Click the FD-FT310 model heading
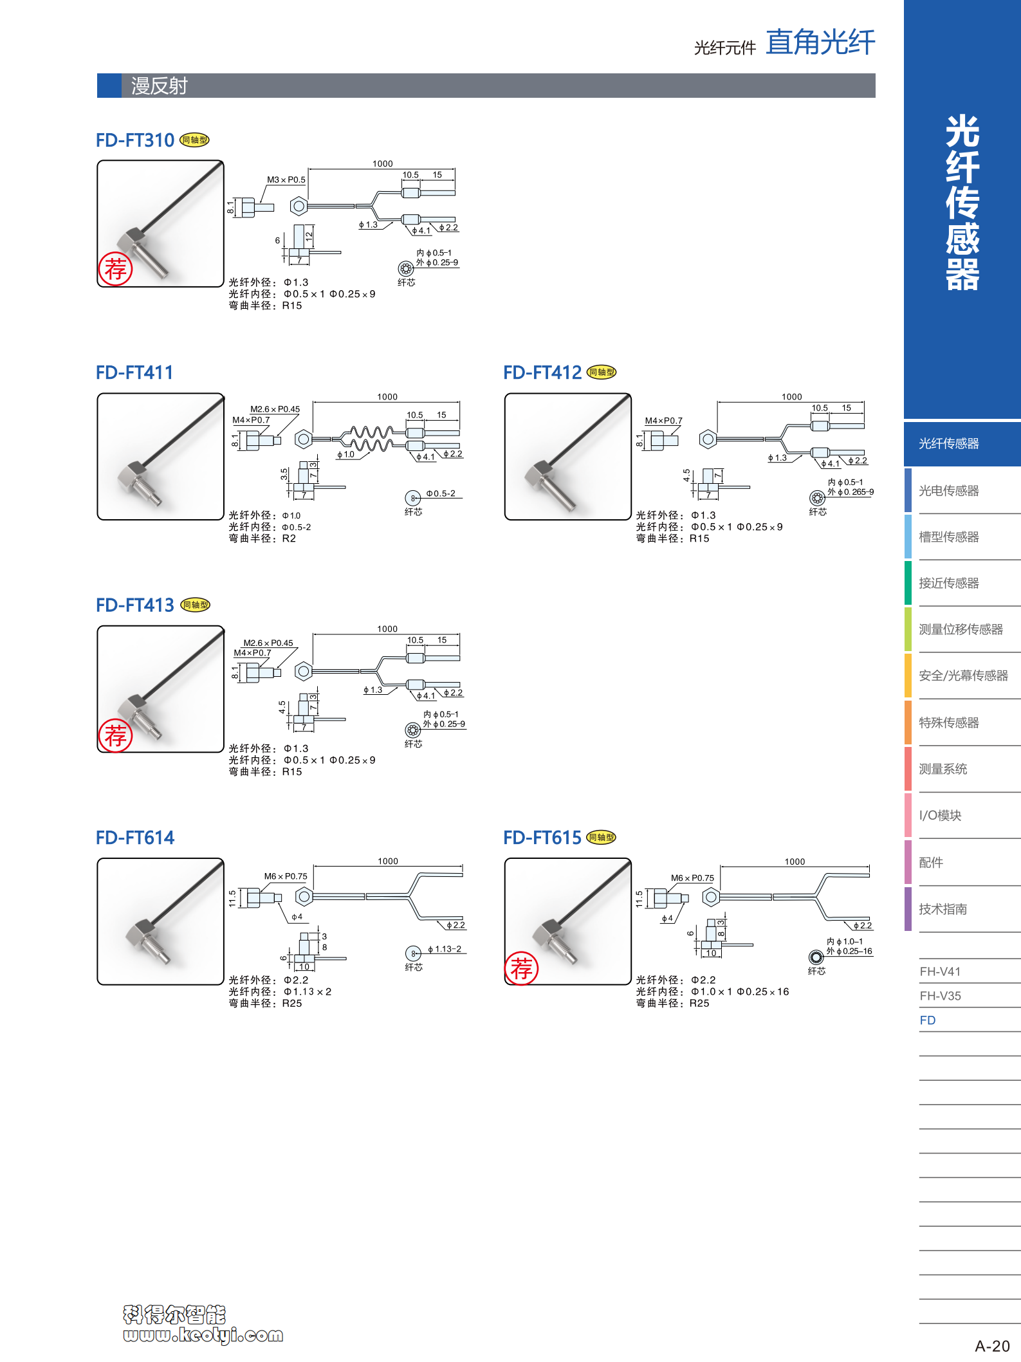[x=135, y=140]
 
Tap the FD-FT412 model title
[x=542, y=373]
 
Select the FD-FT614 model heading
[x=135, y=838]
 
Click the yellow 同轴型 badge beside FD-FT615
[x=602, y=838]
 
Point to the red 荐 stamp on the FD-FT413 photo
[x=116, y=735]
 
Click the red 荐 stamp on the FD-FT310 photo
[x=116, y=269]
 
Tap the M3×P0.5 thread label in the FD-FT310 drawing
[x=286, y=180]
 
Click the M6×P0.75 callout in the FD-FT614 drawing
[x=286, y=876]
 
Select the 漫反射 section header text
[x=159, y=86]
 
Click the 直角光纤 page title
[x=820, y=42]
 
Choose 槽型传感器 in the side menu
[x=949, y=537]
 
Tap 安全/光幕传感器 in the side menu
[x=963, y=676]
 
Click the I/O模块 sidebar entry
[x=940, y=816]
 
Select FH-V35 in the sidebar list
[x=940, y=996]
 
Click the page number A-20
[x=992, y=1346]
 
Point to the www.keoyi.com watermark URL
[x=203, y=1336]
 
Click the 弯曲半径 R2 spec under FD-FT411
[x=262, y=538]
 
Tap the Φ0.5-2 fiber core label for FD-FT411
[x=441, y=494]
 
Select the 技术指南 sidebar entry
[x=943, y=909]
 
